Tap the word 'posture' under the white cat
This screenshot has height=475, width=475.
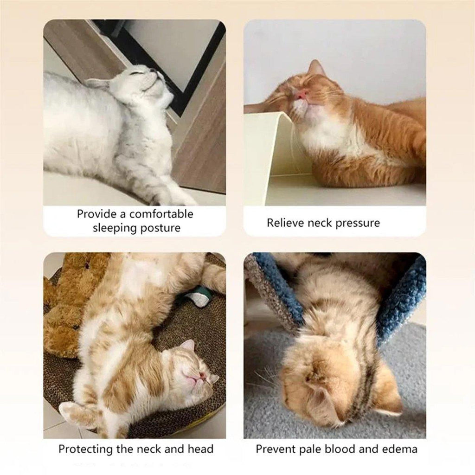[x=159, y=228]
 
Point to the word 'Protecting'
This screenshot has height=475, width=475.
[x=86, y=449]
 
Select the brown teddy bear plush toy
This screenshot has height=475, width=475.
[x=70, y=302]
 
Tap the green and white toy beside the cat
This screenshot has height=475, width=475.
[x=197, y=296]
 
